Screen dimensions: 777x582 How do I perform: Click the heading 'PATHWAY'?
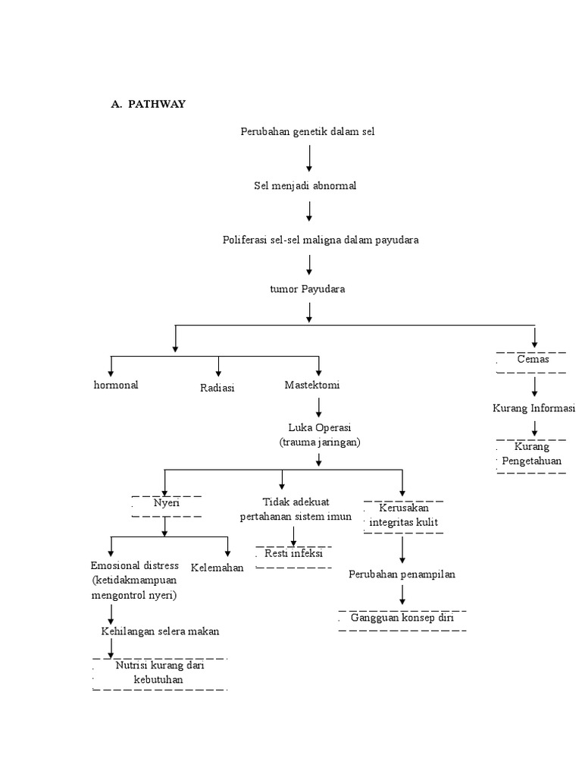[157, 105]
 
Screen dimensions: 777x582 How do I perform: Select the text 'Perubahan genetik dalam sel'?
[308, 132]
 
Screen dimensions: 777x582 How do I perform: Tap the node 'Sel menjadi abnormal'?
[305, 186]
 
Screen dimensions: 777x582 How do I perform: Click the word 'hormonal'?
[116, 385]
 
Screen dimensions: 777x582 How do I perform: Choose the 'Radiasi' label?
[217, 388]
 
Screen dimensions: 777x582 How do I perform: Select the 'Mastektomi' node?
[312, 385]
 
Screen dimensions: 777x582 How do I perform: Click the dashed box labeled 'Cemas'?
[533, 360]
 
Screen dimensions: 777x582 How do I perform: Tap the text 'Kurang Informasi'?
[533, 409]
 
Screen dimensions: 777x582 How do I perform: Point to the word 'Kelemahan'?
[217, 568]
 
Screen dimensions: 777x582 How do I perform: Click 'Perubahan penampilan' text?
[402, 574]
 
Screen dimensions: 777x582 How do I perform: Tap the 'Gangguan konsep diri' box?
[402, 619]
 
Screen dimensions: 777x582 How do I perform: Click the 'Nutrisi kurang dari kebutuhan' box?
[159, 673]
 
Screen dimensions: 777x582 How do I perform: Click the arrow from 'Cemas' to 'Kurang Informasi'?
[534, 387]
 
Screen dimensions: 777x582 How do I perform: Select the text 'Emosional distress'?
[135, 566]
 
